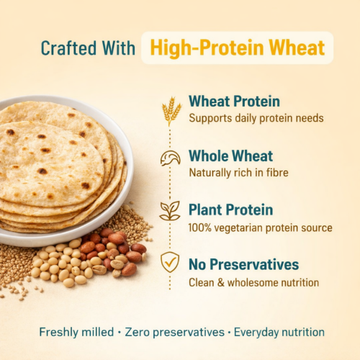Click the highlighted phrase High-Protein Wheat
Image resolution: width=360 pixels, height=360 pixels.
click(x=237, y=48)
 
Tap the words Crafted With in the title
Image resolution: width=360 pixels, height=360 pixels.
click(x=88, y=48)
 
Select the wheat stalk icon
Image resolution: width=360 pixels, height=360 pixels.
click(x=171, y=109)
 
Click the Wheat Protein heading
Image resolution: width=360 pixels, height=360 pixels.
click(x=234, y=102)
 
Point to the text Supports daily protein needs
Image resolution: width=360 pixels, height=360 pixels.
click(x=256, y=118)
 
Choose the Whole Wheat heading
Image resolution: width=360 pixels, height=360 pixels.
click(x=230, y=156)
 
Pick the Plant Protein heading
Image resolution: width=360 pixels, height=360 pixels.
click(x=230, y=210)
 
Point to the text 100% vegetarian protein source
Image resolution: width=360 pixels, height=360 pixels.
click(x=260, y=228)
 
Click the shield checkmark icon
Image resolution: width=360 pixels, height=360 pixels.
click(x=170, y=261)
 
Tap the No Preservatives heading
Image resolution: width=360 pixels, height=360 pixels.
click(x=243, y=265)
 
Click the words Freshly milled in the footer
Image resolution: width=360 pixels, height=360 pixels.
click(x=76, y=332)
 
